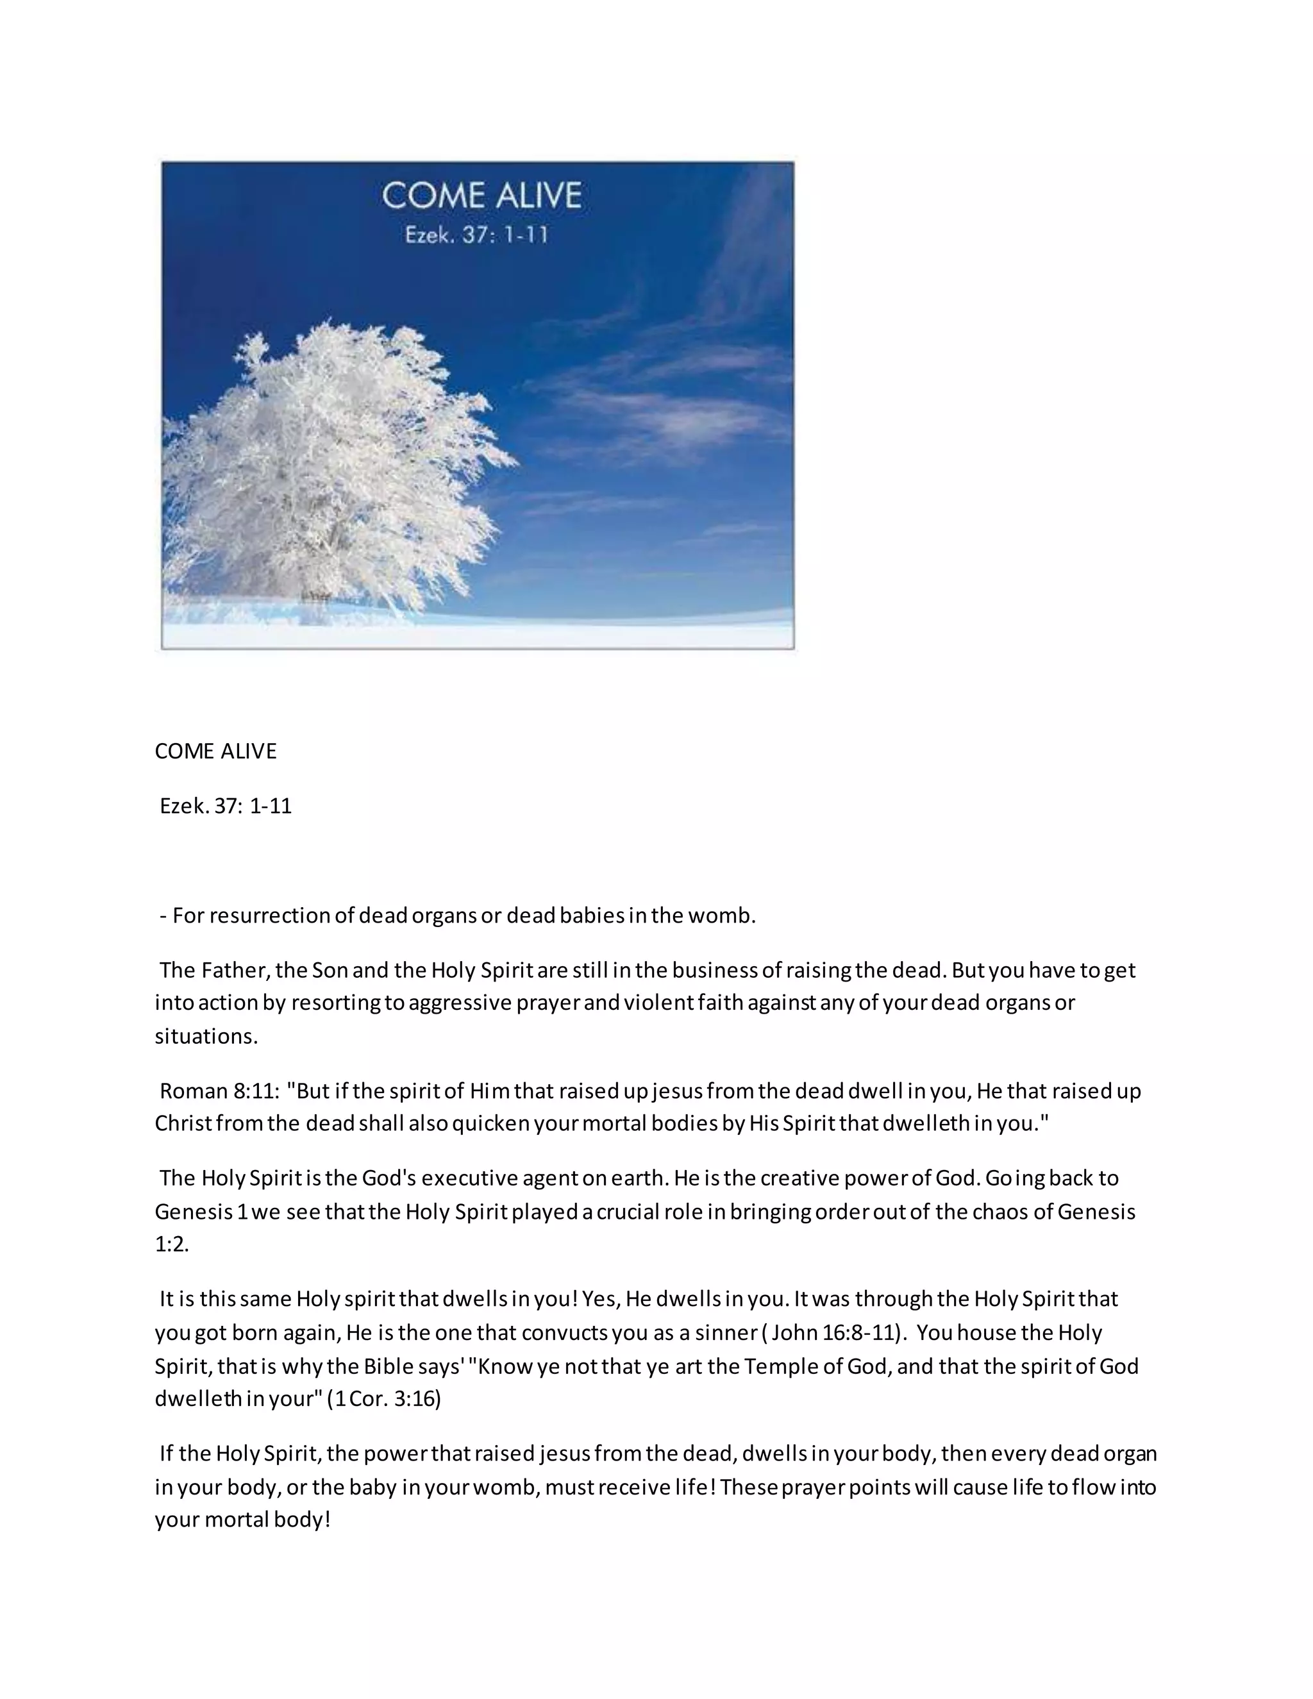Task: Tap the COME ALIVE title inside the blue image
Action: click(481, 196)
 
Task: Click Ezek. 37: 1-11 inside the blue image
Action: click(477, 234)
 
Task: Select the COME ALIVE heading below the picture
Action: click(215, 751)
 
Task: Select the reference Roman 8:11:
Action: click(219, 1091)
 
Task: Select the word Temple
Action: click(778, 1366)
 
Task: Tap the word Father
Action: click(235, 970)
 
